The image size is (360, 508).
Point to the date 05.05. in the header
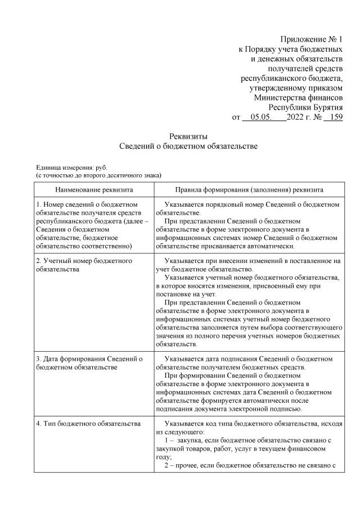click(262, 117)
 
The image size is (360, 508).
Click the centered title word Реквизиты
click(188, 136)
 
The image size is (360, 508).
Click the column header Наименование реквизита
click(94, 190)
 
